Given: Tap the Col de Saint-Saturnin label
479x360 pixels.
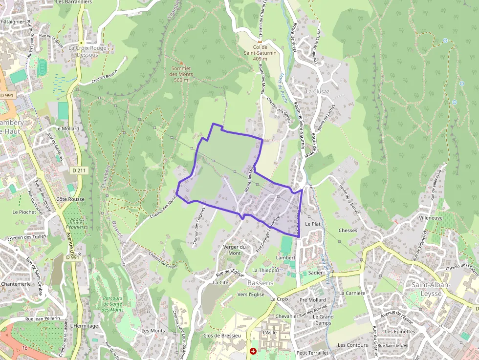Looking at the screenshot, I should (260, 53).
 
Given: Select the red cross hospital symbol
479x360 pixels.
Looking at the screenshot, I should (253, 351).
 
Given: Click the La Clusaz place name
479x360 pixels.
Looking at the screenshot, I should (317, 91).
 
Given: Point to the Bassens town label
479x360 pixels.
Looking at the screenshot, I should (261, 283).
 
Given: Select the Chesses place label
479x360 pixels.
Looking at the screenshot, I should (348, 231).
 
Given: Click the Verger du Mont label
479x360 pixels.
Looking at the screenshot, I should (235, 250).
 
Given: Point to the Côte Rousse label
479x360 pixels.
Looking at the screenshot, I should (70, 199).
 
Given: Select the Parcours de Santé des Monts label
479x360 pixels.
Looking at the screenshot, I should (113, 304).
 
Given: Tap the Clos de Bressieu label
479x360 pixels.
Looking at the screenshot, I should (222, 336).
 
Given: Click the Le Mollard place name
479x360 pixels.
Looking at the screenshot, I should (67, 128).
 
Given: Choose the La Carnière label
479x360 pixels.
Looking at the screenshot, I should (352, 293).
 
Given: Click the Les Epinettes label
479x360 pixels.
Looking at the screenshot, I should (399, 331).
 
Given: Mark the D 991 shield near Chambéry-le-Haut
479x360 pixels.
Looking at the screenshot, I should (7, 95).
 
